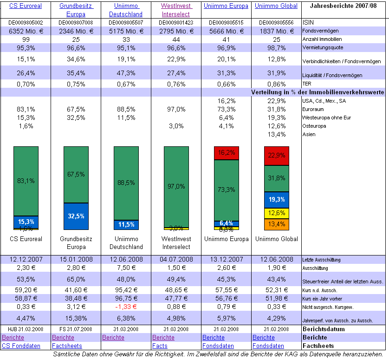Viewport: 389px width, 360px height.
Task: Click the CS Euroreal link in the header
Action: point(26,6)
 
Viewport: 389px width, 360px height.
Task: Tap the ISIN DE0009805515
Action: point(226,22)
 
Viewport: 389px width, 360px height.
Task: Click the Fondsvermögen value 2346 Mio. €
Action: point(76,31)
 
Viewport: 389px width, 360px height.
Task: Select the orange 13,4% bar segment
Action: point(277,224)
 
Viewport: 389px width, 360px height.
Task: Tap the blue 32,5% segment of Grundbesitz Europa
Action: point(76,216)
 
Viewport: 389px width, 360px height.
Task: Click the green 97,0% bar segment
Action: point(176,186)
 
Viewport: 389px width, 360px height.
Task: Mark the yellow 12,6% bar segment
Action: point(277,213)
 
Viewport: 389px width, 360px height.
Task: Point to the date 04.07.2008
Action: point(176,259)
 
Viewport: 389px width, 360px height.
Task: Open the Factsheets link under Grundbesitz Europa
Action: point(67,346)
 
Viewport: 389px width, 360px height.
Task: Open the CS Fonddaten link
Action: point(21,346)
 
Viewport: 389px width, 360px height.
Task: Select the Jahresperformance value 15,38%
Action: point(76,318)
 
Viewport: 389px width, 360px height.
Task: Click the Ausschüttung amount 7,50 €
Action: point(126,268)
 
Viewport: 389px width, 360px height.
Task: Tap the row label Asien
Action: point(309,134)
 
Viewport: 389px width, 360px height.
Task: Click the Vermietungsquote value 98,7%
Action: point(277,48)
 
